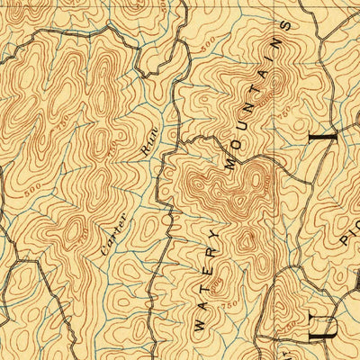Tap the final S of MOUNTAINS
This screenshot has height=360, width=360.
[x=285, y=26]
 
